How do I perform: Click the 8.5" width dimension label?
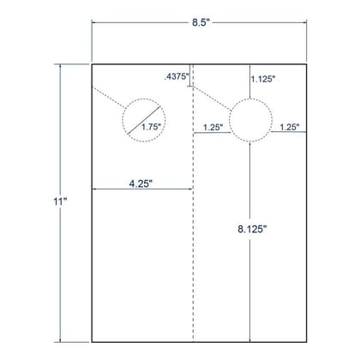(201, 22)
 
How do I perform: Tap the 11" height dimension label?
(60, 201)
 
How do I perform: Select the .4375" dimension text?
(177, 76)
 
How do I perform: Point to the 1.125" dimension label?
(263, 79)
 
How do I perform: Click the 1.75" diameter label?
(151, 127)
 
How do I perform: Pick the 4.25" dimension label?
(141, 183)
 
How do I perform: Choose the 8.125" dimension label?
(252, 229)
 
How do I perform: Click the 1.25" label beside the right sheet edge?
(290, 127)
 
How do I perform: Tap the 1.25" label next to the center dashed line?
(213, 127)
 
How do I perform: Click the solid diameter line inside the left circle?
(144, 120)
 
